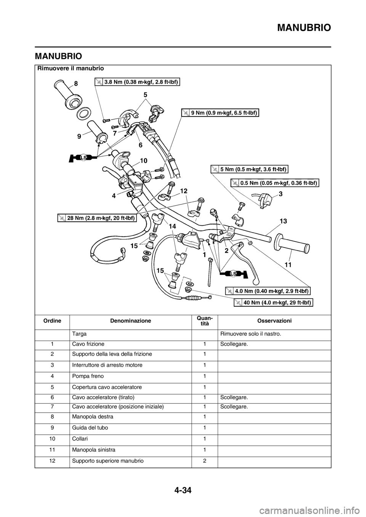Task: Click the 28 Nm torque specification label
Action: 97,218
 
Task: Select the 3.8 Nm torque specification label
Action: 137,82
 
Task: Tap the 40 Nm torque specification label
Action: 273,302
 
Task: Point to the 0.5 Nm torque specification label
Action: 275,183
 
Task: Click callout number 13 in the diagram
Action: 283,221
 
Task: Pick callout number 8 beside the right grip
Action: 77,83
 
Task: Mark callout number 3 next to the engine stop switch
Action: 281,194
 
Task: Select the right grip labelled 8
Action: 67,95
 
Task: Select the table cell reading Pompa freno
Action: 88,376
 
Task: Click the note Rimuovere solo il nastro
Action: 251,334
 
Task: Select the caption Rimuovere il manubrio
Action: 71,68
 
